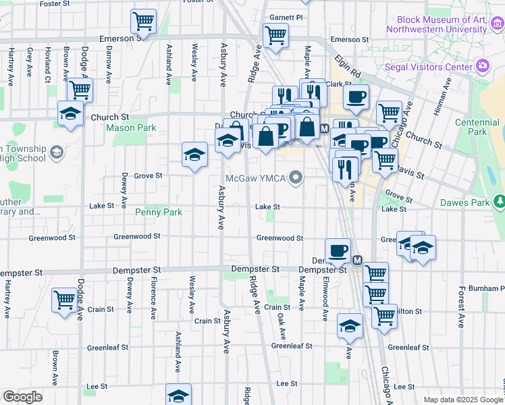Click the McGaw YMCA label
pos(256,178)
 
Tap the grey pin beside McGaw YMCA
pos(296,178)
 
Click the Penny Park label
pos(159,212)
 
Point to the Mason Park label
pos(131,128)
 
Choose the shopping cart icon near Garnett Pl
pos(275,35)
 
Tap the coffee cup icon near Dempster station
pos(338,250)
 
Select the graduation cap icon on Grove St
pos(194,155)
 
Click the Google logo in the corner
pos(22,397)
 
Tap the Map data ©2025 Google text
pos(464,400)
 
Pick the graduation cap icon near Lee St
pos(179,395)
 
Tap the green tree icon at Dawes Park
pos(499,201)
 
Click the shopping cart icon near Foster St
pos(143,20)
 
